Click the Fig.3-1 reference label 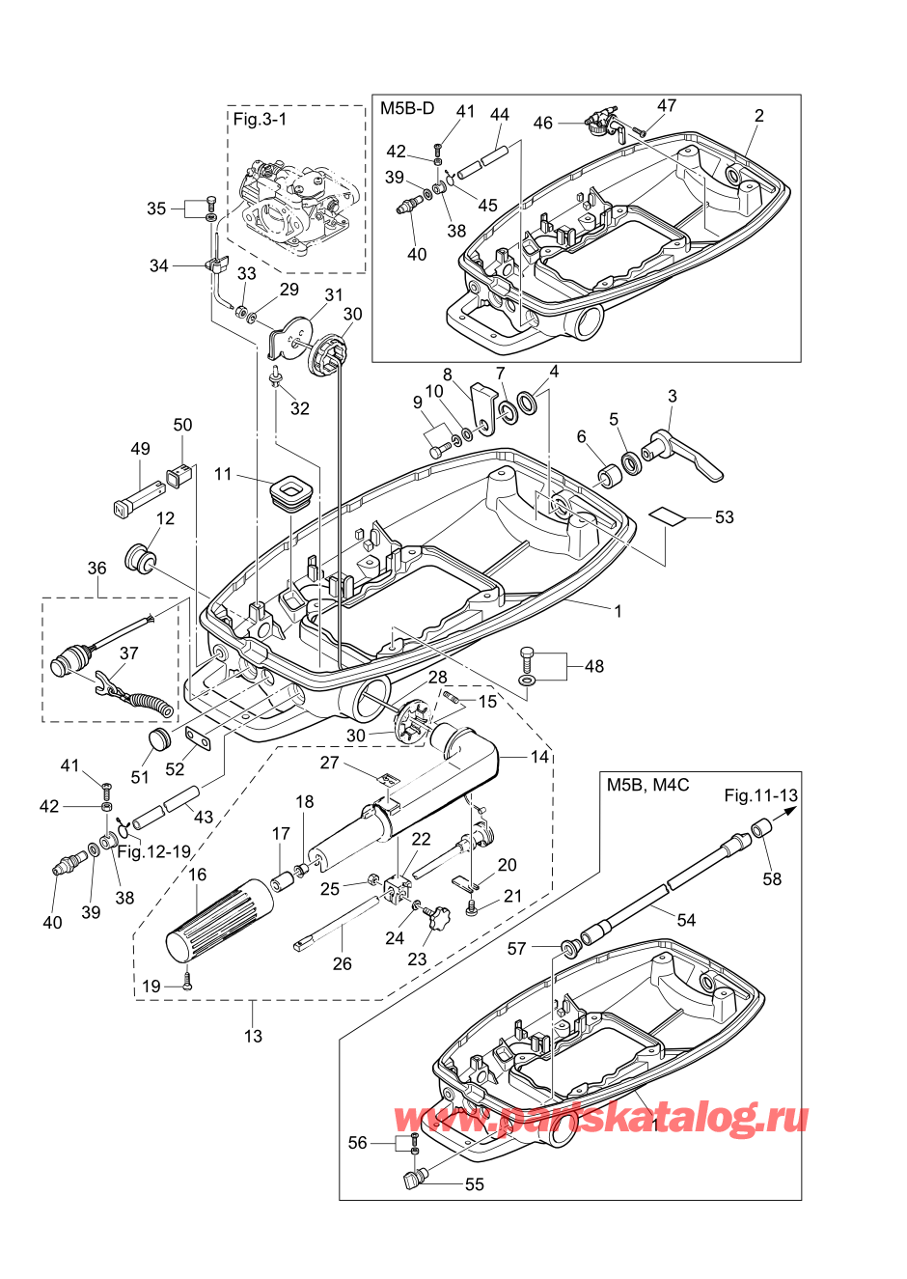click(260, 119)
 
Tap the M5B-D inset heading click(407, 108)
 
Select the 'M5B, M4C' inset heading click(647, 784)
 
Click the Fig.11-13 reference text click(760, 795)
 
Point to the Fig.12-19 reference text click(154, 851)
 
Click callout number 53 click(724, 516)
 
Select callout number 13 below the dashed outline click(253, 1036)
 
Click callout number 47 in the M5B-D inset click(667, 105)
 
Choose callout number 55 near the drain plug click(474, 1184)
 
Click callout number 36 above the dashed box click(96, 568)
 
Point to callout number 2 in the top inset click(759, 115)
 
